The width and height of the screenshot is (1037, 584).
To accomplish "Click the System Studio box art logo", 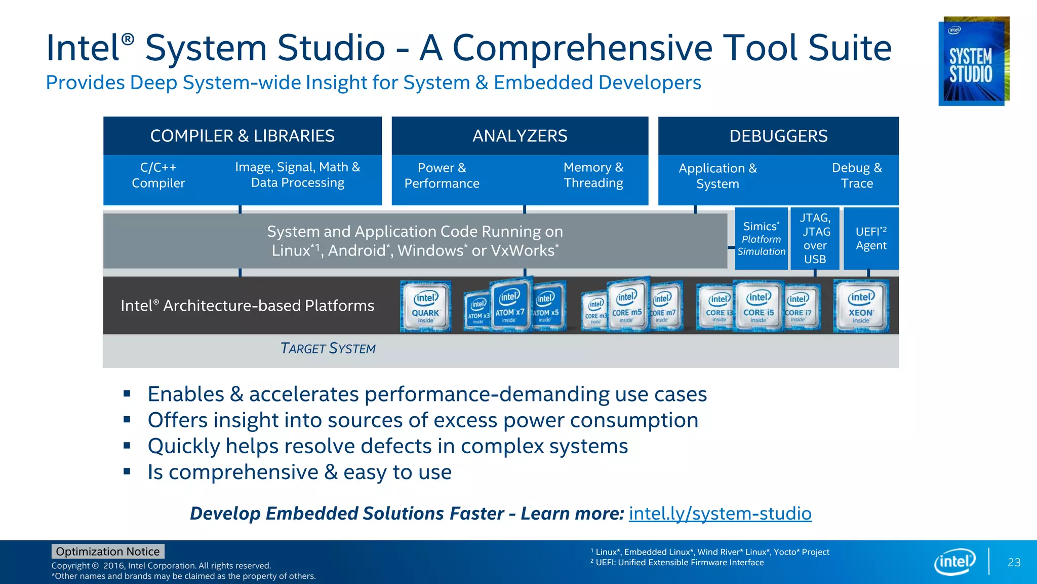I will coord(973,61).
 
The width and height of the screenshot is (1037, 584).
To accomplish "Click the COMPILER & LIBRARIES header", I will coord(242,136).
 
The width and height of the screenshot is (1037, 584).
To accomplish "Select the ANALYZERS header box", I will coord(520,136).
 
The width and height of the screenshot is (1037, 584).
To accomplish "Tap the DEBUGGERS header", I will coord(778,136).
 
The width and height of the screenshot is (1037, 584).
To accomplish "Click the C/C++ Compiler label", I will coord(158,175).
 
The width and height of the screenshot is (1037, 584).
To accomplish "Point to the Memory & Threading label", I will coord(593,175).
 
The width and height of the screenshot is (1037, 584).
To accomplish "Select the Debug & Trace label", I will coord(856,175).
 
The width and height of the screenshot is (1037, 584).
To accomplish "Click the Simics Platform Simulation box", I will coord(761,239).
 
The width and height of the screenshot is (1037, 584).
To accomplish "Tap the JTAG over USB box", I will coord(815,239).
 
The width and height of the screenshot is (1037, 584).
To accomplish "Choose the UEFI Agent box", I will coord(870,239).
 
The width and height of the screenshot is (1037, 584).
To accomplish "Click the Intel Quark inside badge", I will coord(425,307).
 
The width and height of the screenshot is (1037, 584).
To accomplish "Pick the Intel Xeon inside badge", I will coord(861,307).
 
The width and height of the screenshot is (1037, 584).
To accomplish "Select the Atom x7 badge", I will coord(510,306).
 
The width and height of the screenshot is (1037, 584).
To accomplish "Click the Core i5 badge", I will coord(758,306).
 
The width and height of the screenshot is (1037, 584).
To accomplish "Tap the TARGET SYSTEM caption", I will coord(328,349).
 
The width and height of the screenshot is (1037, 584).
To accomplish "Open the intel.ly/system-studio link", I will coord(720,514).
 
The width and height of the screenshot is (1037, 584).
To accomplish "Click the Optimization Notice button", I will coord(108,552).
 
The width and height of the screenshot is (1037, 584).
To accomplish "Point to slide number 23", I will coord(1014,563).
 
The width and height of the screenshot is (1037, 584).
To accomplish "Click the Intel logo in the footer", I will coord(954,562).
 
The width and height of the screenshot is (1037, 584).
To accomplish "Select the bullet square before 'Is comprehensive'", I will coord(127,471).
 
